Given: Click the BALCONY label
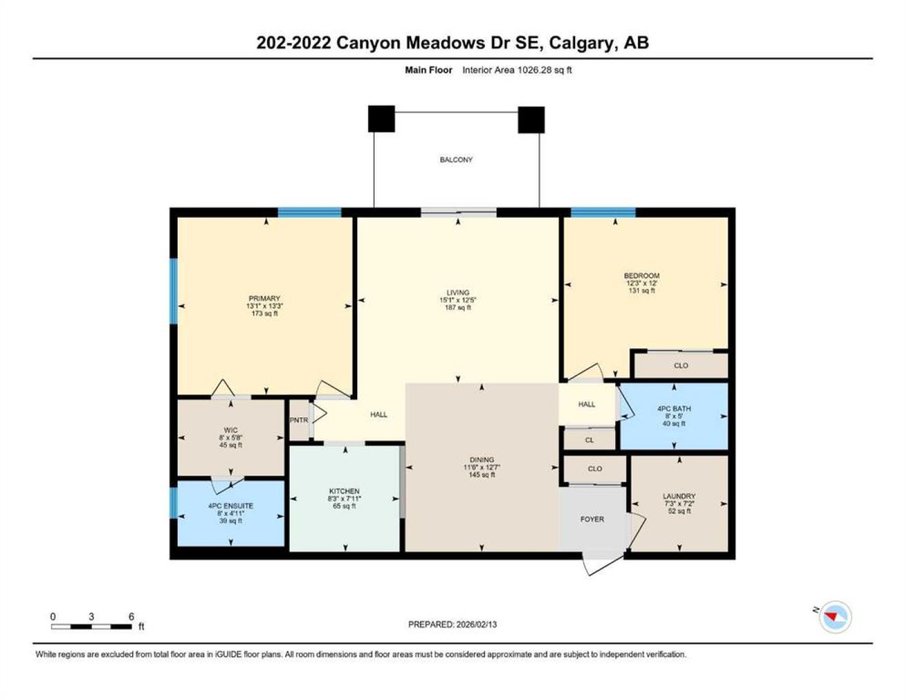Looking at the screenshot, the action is coord(456,159).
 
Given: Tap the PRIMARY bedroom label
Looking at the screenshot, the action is coord(264,298).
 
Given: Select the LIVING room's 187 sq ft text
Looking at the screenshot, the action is coord(458,308).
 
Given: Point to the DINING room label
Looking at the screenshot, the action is coord(482,460).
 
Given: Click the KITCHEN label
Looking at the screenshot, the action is coord(344,491).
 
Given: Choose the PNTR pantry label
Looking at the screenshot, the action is coord(299,420).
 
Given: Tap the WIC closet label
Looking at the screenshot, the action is coord(231,430).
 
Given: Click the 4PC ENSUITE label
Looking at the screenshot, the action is coord(231,506).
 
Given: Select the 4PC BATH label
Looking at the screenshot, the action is coord(674,409).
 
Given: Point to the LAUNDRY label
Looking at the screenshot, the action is coord(679,496).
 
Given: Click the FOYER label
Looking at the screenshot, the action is coord(592,519).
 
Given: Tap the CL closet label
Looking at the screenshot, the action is coord(589,440).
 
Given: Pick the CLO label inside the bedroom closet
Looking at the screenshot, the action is coord(681,366).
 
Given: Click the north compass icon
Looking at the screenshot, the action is coord(835,617).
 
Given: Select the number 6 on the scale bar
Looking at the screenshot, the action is coord(131,616).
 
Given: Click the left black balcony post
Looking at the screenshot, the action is coord(381,119).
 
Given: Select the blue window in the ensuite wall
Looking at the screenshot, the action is coord(173,502).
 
